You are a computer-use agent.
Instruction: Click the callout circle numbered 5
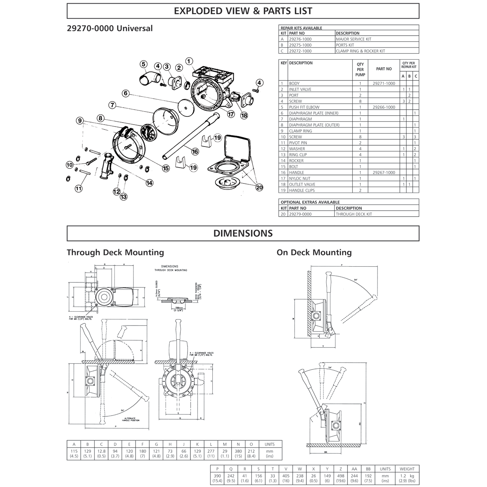[x=143, y=64]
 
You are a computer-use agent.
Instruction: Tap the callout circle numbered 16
[x=195, y=151]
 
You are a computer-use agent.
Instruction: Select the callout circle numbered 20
[x=259, y=187]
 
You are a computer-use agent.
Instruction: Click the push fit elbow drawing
[x=145, y=78]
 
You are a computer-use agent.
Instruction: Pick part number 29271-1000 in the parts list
[x=383, y=83]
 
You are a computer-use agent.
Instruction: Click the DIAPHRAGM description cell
[x=301, y=119]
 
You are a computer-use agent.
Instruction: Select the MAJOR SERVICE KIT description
[x=353, y=39]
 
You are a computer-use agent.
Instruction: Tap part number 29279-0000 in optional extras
[x=300, y=214]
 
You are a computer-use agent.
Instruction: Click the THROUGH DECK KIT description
[x=353, y=214]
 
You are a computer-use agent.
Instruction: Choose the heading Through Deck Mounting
[x=115, y=252]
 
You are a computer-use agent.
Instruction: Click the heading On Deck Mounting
[x=314, y=252]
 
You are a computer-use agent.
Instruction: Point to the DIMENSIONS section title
[x=243, y=233]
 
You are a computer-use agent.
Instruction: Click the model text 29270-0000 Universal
[x=110, y=28]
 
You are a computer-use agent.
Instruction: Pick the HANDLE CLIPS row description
[x=302, y=190]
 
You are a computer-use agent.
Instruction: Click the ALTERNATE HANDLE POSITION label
[x=130, y=419]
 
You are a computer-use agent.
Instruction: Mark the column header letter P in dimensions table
[x=218, y=469]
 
